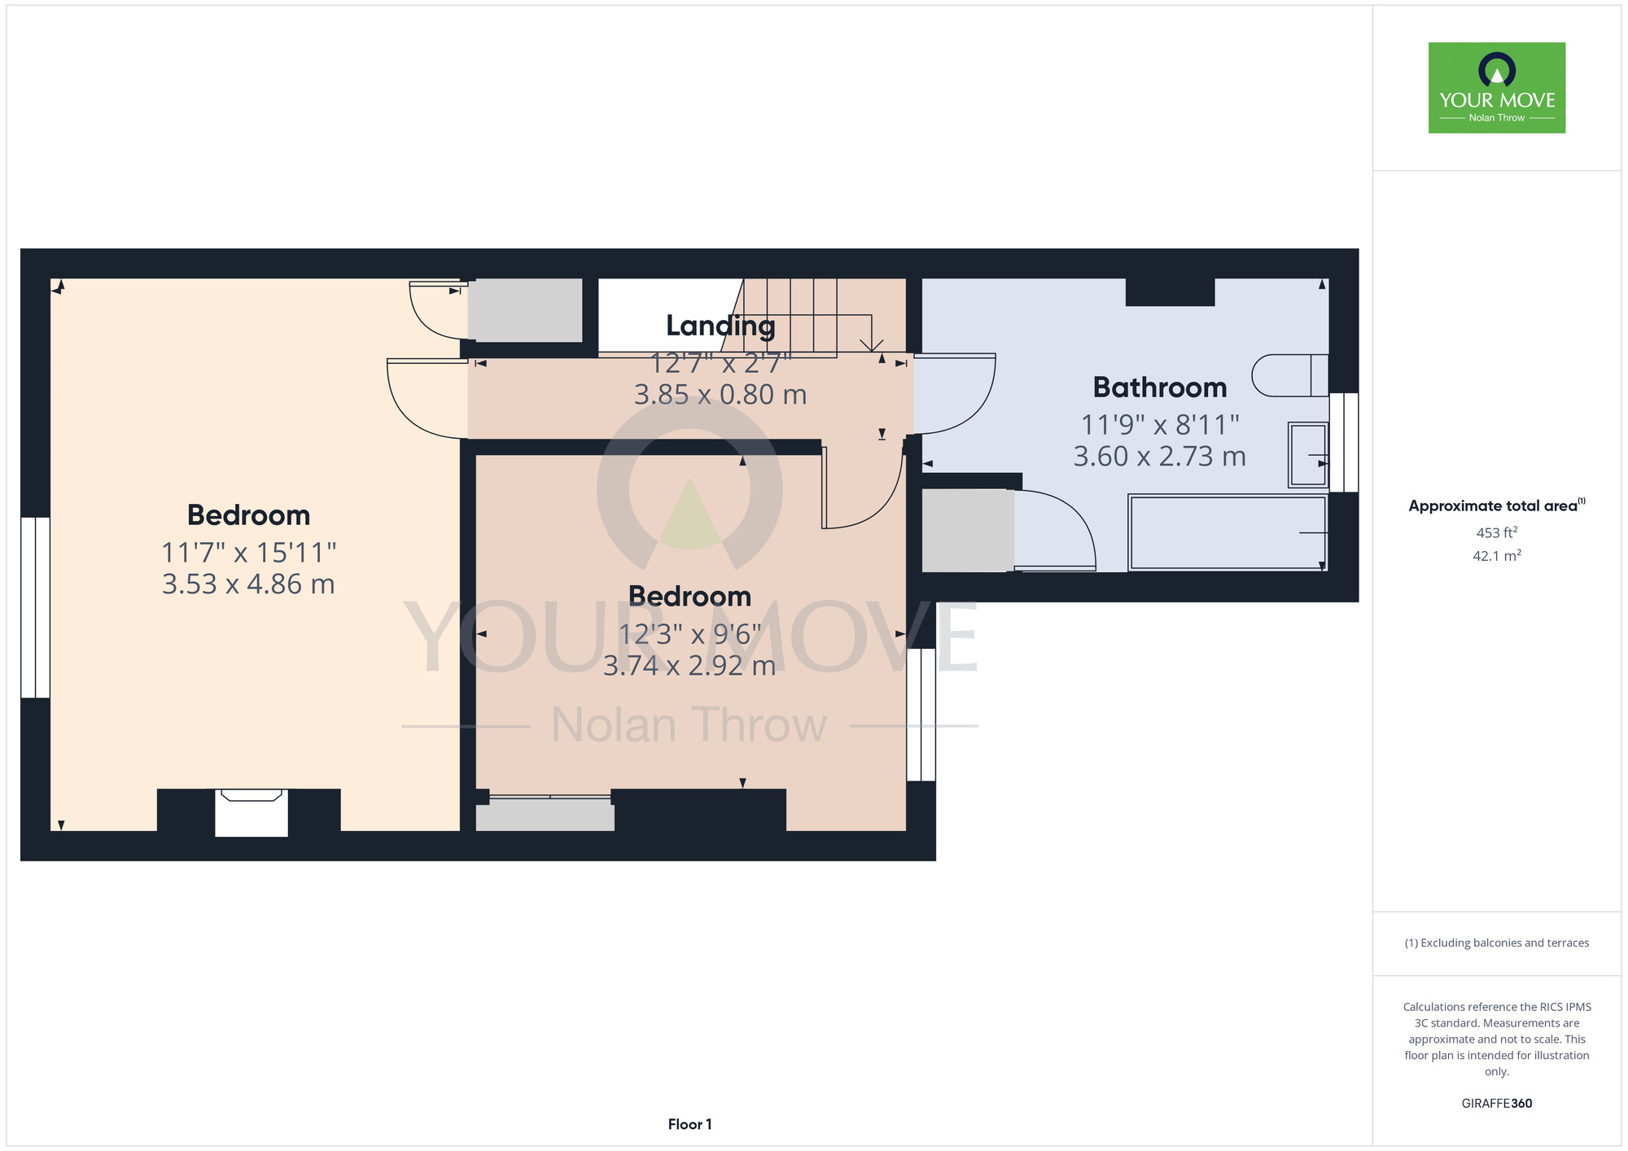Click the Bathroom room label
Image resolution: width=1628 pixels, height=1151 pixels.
pyautogui.click(x=1159, y=387)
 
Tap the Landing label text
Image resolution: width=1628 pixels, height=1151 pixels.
pyautogui.click(x=720, y=326)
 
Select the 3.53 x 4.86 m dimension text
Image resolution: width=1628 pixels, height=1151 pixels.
pyautogui.click(x=248, y=584)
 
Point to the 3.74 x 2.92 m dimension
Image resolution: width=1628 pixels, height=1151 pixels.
pyautogui.click(x=689, y=666)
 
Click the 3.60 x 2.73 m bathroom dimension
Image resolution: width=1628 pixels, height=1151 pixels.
pyautogui.click(x=1159, y=457)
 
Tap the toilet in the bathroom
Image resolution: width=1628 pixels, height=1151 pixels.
pyautogui.click(x=1290, y=375)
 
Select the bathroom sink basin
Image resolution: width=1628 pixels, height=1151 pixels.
pyautogui.click(x=1307, y=455)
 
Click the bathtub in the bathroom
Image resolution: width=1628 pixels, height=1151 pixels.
pyautogui.click(x=1228, y=532)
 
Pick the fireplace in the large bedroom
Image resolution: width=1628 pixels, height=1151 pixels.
pyautogui.click(x=252, y=811)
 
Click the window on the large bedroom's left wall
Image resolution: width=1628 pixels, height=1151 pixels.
pyautogui.click(x=36, y=607)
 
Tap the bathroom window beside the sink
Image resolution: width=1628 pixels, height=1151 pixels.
pyautogui.click(x=1344, y=443)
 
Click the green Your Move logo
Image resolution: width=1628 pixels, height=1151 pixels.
pyautogui.click(x=1497, y=88)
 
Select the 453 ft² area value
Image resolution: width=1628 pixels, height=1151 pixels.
pyautogui.click(x=1497, y=532)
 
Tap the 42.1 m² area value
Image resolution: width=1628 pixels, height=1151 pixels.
pyautogui.click(x=1497, y=556)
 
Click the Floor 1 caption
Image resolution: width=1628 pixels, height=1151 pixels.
pyautogui.click(x=689, y=1124)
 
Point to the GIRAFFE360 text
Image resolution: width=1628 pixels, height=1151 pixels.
pyautogui.click(x=1497, y=1104)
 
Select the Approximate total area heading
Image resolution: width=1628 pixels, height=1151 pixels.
pyautogui.click(x=1497, y=505)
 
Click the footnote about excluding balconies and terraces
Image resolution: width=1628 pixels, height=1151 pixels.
pyautogui.click(x=1497, y=943)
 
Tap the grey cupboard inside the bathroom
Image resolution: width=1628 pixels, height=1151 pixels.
pyautogui.click(x=968, y=530)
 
